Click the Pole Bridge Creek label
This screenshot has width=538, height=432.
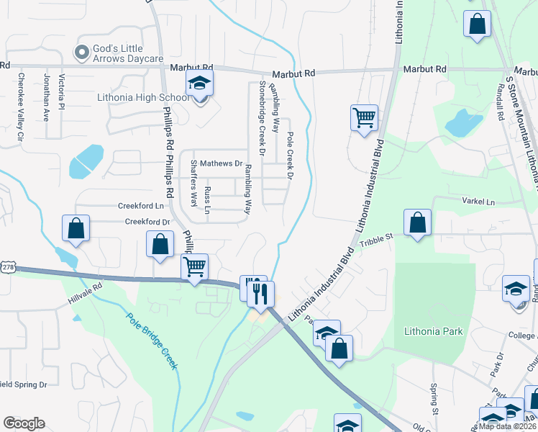click(151, 340)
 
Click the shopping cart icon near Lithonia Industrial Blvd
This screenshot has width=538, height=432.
click(364, 117)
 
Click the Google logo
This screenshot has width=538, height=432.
click(24, 423)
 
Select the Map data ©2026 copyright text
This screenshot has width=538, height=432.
click(506, 426)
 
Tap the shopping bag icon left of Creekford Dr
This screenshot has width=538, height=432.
click(76, 229)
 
